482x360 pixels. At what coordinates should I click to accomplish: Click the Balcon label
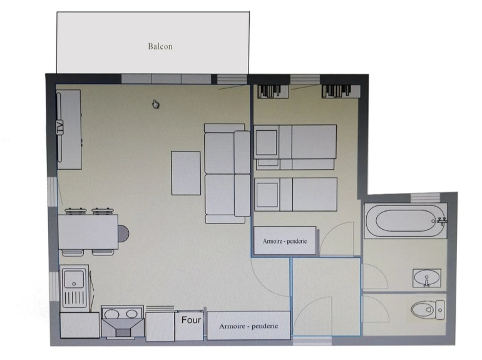click(160, 46)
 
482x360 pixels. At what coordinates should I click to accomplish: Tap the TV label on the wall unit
click(59, 127)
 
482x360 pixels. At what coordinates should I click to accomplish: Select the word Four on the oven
click(191, 320)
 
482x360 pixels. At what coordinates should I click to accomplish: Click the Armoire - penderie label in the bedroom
click(285, 241)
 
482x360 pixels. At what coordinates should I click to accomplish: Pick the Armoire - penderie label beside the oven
click(249, 326)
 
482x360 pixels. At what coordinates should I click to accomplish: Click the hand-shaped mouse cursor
click(155, 104)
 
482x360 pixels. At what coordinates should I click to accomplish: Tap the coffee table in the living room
click(186, 173)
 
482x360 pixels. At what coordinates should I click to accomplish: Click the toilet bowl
click(423, 309)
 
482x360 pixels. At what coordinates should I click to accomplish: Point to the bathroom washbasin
click(427, 278)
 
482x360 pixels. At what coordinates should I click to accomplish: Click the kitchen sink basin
click(74, 279)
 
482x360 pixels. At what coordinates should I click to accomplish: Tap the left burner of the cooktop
click(111, 314)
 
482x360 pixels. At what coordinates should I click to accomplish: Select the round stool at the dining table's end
click(123, 234)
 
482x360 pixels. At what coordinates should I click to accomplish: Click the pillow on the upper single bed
click(267, 143)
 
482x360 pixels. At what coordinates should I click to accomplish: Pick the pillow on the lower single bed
click(267, 195)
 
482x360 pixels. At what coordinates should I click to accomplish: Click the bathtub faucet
click(441, 221)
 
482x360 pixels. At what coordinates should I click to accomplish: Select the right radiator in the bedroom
click(341, 91)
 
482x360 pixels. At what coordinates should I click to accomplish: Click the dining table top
click(88, 232)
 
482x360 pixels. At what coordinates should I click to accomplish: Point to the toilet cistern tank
click(440, 310)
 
